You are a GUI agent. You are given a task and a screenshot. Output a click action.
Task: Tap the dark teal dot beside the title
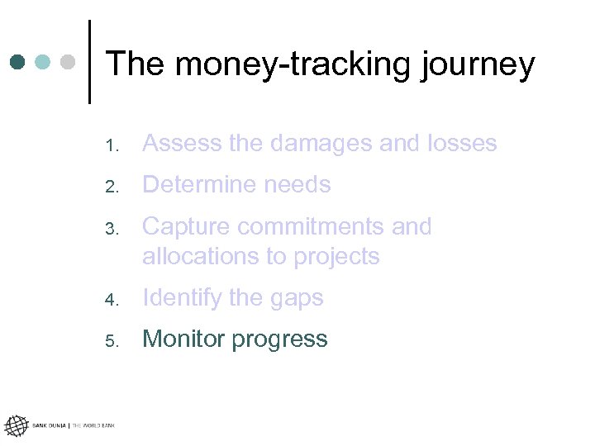click(x=18, y=62)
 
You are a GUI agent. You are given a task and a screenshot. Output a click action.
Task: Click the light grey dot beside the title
click(x=69, y=62)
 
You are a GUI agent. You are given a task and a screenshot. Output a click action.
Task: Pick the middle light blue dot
click(x=44, y=62)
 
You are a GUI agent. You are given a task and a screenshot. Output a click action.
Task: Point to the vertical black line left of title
click(x=89, y=62)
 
